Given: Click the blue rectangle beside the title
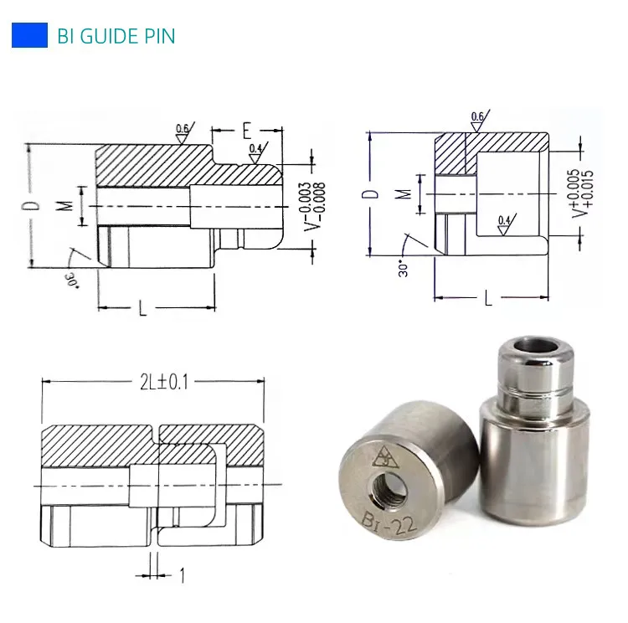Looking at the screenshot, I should click(29, 36).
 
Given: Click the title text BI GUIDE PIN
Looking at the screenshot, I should click(116, 37).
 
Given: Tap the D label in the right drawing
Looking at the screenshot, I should click(373, 193).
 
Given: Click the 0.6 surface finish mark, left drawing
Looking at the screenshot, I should click(182, 128).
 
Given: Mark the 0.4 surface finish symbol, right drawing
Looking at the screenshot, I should click(503, 221).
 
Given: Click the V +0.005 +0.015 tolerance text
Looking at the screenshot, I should click(580, 193).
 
